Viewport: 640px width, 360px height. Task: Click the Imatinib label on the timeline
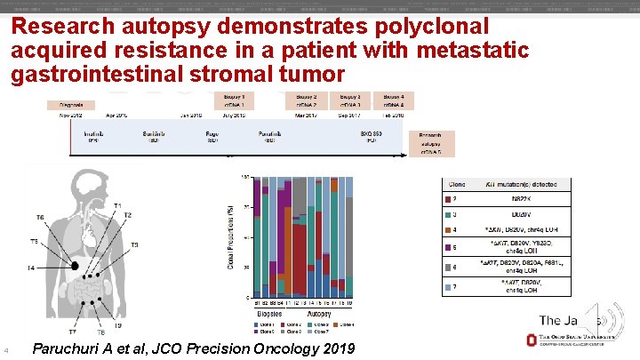coord(93,135)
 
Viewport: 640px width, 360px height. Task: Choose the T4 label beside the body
coord(31,268)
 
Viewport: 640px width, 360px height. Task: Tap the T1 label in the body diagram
coord(118,205)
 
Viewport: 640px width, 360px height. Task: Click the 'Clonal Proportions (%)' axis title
coord(233,236)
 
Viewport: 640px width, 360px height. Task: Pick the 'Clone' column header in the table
coord(456,184)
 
